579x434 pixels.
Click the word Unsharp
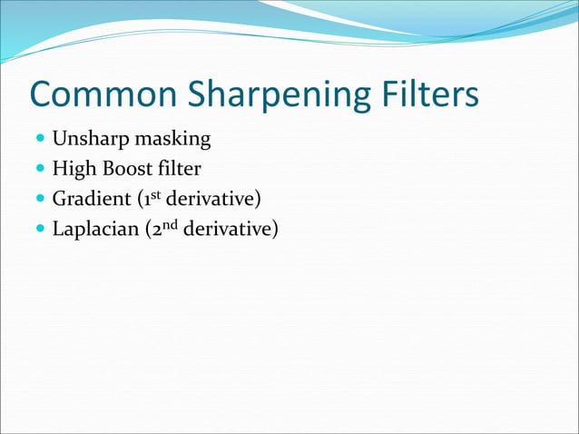click(88, 140)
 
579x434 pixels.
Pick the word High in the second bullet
click(73, 170)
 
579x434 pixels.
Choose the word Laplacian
click(94, 229)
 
